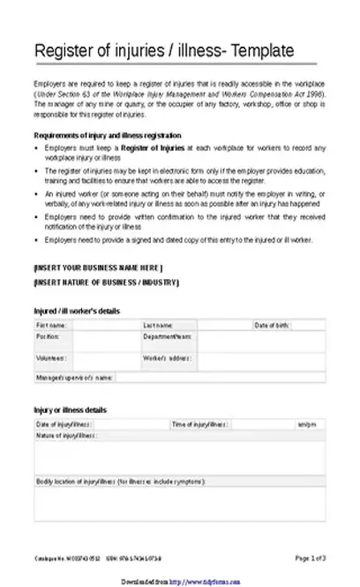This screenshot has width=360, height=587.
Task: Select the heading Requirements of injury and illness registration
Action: tap(108, 137)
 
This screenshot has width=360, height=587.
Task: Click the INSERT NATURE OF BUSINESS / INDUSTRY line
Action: tap(106, 282)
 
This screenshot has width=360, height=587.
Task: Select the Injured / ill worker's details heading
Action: tap(77, 311)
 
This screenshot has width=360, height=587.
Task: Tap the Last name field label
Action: tap(158, 325)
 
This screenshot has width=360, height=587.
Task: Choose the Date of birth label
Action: tap(272, 325)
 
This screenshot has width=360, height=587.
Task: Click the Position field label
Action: tap(48, 336)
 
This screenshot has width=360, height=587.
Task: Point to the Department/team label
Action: tap(167, 336)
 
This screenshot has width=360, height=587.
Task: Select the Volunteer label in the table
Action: tap(50, 358)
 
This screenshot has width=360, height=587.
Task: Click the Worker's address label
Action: tap(168, 358)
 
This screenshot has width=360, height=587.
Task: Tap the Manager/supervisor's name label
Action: tap(74, 377)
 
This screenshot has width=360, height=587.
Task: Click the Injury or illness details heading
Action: tap(70, 410)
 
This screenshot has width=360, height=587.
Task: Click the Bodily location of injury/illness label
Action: tap(120, 482)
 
